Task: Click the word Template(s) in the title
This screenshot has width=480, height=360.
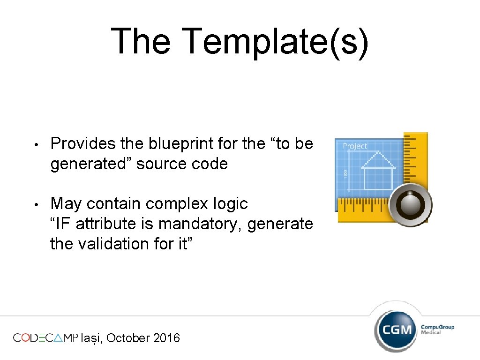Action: click(x=275, y=41)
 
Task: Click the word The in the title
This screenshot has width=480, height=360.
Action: click(x=141, y=41)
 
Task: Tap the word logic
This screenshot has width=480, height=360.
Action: click(x=230, y=203)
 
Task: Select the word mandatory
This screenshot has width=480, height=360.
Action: click(x=201, y=224)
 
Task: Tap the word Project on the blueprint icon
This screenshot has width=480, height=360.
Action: click(x=355, y=146)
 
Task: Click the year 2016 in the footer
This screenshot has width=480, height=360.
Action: click(x=166, y=338)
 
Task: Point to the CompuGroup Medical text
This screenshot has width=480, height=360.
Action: click(x=437, y=329)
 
